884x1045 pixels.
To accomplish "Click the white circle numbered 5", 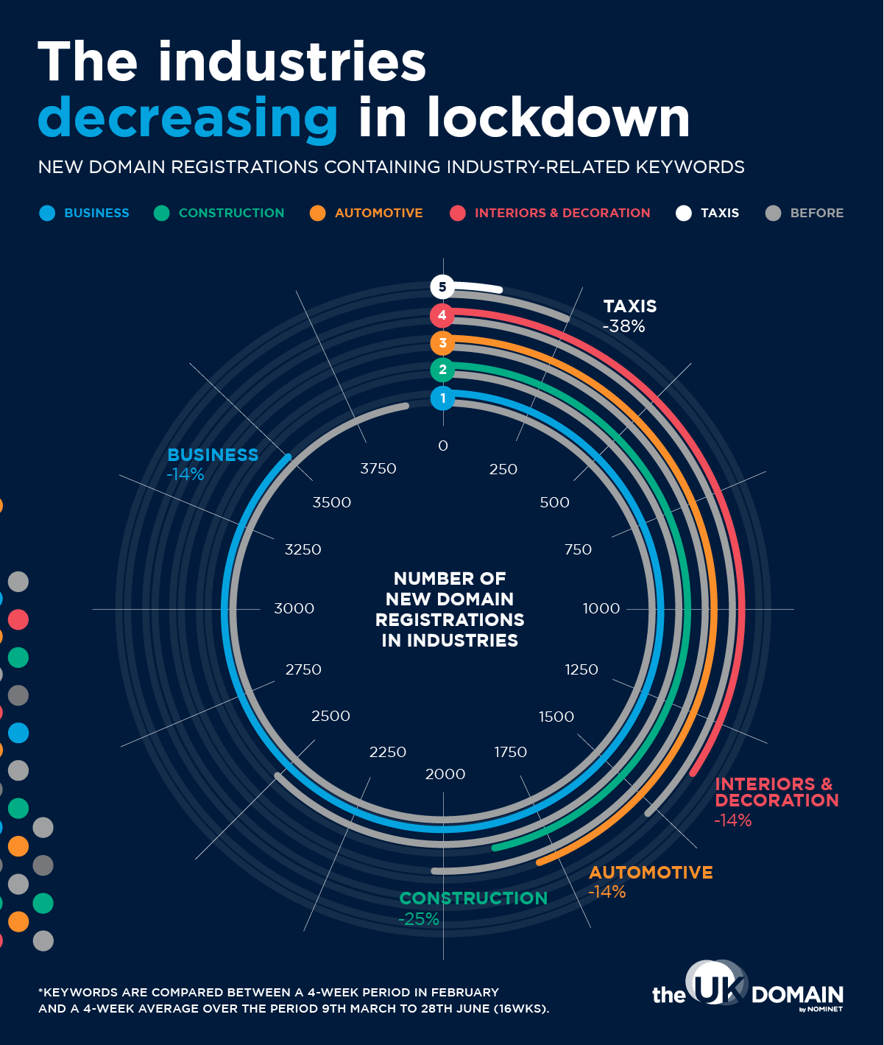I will click(442, 287).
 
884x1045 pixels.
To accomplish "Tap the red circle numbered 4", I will click(442, 315).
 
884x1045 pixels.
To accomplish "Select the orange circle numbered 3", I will click(442, 342).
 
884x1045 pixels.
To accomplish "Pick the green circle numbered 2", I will click(442, 370).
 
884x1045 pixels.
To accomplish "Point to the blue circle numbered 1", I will click(442, 398).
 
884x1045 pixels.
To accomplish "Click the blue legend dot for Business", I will click(48, 214).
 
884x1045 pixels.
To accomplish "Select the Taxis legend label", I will click(719, 214).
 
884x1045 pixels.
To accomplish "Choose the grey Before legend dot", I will click(773, 214).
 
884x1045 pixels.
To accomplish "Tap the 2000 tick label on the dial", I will click(445, 774).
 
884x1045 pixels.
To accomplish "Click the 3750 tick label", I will click(378, 469).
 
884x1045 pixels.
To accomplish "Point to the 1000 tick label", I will click(601, 609).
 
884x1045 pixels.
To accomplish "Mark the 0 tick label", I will click(443, 446).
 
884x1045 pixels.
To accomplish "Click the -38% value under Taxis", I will click(623, 326).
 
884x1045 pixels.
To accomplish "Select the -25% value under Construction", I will click(419, 919).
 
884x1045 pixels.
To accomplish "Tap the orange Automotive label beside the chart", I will click(651, 873).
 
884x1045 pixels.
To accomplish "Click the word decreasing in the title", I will click(188, 118).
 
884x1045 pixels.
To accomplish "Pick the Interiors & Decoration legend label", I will click(562, 214).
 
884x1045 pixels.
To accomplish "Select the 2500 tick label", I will click(330, 717).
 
